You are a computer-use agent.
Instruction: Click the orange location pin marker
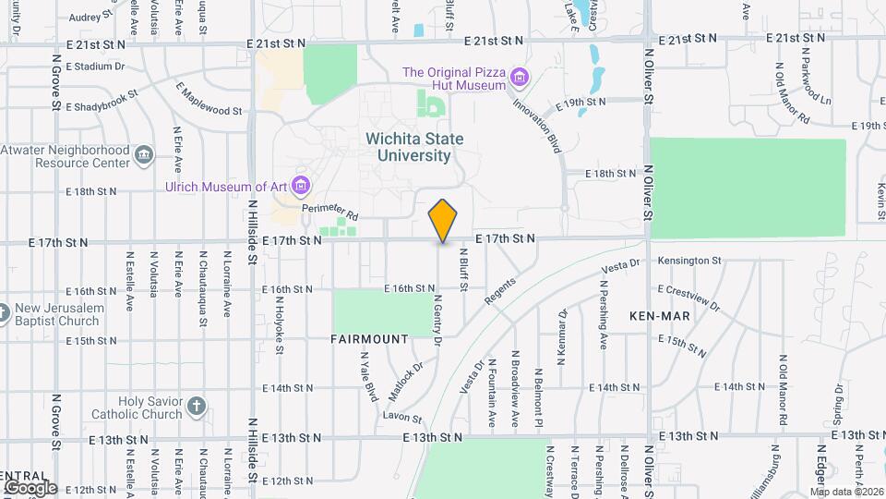(x=443, y=221)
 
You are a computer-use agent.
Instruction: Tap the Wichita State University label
(x=414, y=147)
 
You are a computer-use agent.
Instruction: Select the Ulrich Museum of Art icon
(x=300, y=186)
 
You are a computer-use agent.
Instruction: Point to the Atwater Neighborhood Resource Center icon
(x=143, y=153)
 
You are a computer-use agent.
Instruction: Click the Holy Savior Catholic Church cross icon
(x=196, y=406)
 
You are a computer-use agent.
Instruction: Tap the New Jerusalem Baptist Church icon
(x=4, y=312)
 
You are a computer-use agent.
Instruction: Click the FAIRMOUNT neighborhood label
(x=369, y=339)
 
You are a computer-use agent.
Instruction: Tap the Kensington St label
(x=689, y=262)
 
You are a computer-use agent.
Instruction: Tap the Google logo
(x=30, y=487)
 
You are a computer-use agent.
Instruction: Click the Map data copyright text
(x=847, y=491)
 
